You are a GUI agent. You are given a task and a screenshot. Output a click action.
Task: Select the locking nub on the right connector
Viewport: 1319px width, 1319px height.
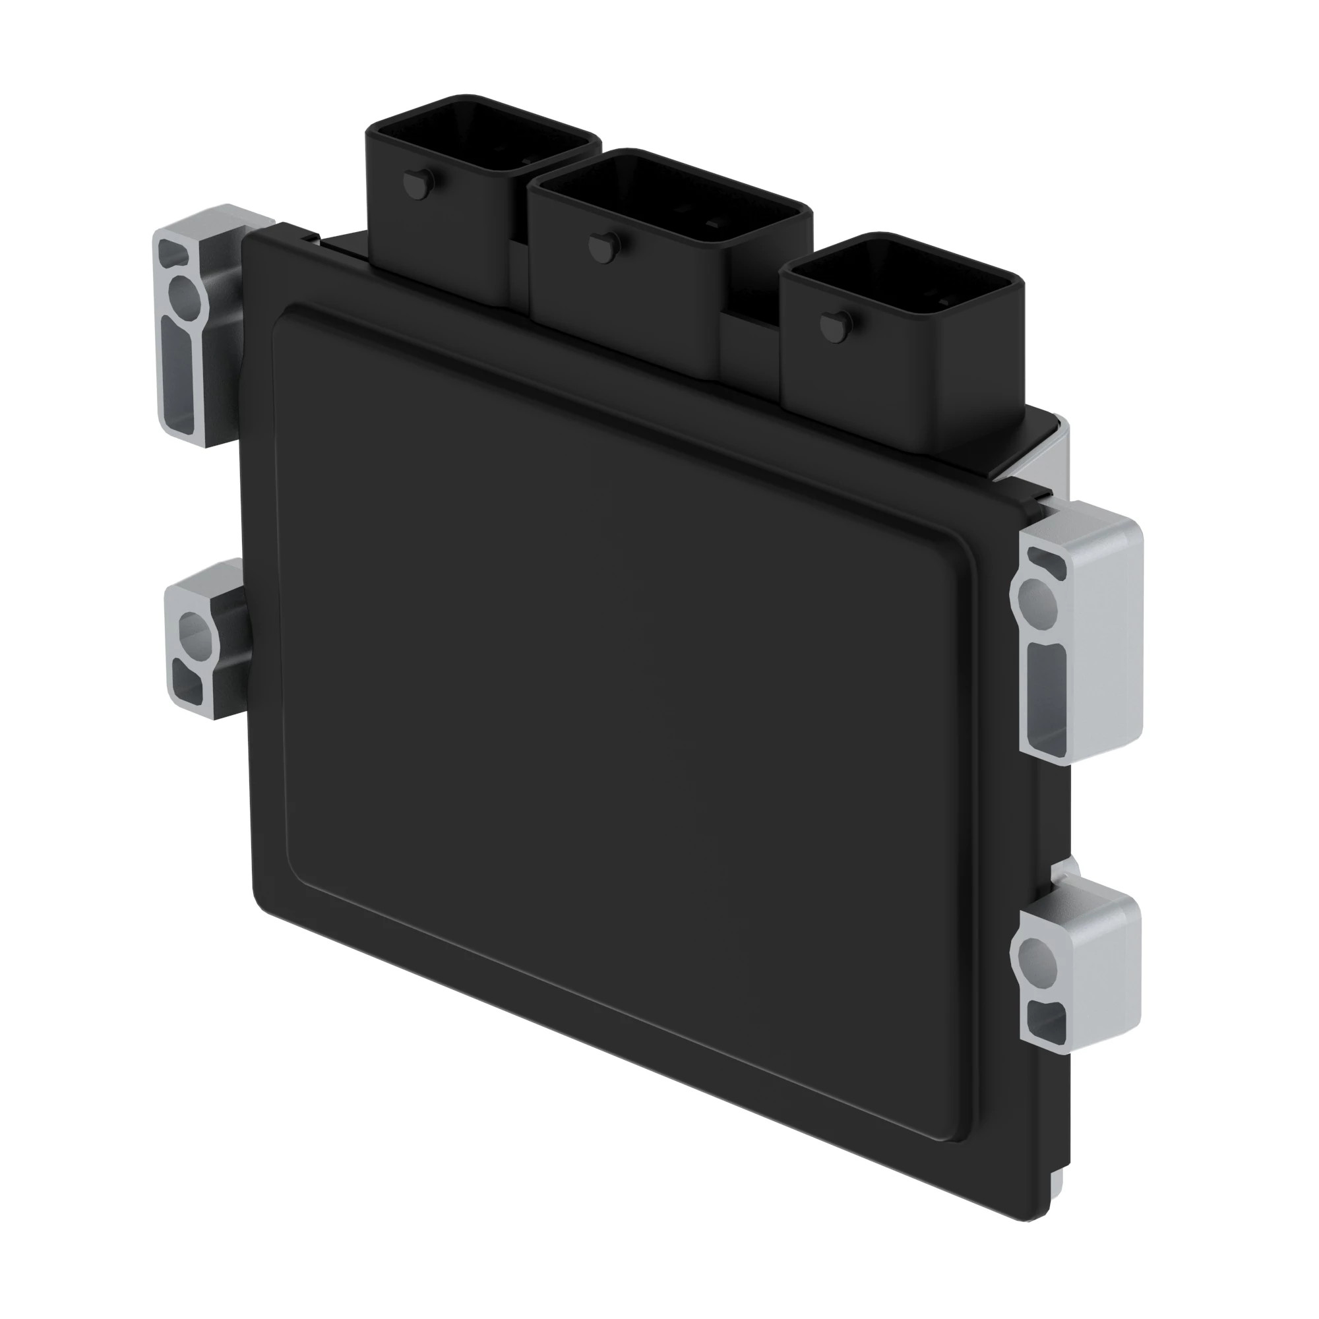tap(834, 323)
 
